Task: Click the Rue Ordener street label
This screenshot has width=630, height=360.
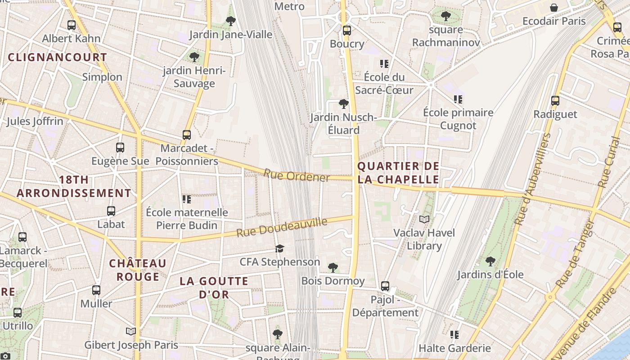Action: [x=297, y=175]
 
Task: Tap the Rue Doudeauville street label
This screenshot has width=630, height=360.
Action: [x=282, y=227]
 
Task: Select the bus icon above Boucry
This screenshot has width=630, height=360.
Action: [x=346, y=31]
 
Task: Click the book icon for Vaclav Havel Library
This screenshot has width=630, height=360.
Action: [x=424, y=220]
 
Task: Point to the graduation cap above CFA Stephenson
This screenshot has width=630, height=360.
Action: [x=279, y=249]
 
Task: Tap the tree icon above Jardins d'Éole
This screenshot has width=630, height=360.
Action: [x=490, y=261]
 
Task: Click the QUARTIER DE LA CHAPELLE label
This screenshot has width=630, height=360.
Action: [x=398, y=173]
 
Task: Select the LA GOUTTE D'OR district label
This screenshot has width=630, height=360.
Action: [x=214, y=288]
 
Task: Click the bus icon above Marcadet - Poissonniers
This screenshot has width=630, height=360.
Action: [x=186, y=135]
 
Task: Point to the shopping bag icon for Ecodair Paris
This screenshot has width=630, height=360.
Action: [x=554, y=8]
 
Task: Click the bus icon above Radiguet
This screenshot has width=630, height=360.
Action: [x=555, y=101]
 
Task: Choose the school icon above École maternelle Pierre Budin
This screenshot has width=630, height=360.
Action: [x=186, y=199]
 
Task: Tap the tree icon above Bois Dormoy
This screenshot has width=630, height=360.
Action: [x=333, y=268]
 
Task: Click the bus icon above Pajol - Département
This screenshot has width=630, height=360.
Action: [x=385, y=286]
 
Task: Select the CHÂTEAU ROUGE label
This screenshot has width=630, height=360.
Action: [x=138, y=270]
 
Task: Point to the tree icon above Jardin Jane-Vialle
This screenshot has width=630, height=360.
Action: [x=230, y=21]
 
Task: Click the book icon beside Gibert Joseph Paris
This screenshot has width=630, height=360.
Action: [x=131, y=332]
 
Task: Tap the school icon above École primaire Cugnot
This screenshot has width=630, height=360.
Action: [x=458, y=99]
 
